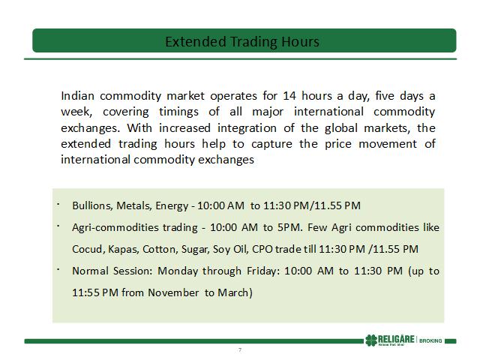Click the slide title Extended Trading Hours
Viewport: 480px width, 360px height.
pos(242,42)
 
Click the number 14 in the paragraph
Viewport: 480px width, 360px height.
pos(289,96)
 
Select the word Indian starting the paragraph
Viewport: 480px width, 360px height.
pos(77,96)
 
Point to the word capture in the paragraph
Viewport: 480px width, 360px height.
pos(271,144)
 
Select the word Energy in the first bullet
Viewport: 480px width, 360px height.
pos(172,205)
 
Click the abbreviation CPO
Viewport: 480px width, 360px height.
pos(262,249)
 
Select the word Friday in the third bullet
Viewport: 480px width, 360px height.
pos(262,271)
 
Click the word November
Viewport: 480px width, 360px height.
pos(173,292)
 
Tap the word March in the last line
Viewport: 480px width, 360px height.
pos(233,292)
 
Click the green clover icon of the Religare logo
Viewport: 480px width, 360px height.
pos(371,340)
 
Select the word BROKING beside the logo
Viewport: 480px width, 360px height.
pos(430,340)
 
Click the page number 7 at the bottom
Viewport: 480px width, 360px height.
pos(240,350)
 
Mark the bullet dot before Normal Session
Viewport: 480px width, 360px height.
pos(58,269)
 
